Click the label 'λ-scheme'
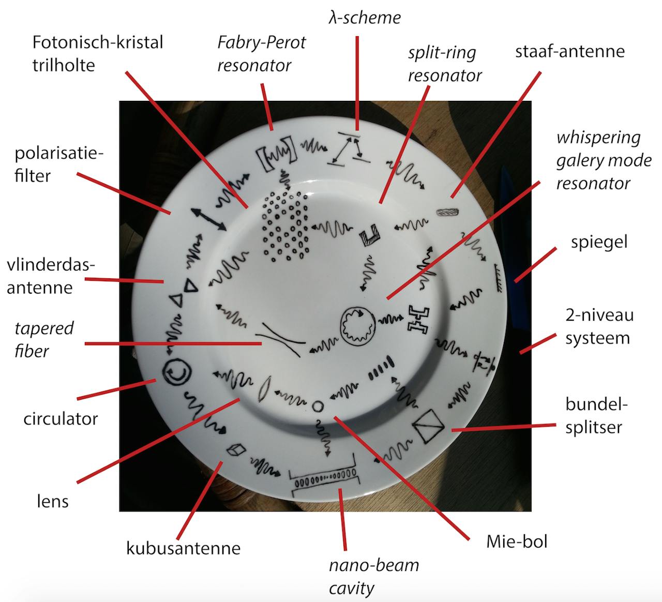[x=364, y=18]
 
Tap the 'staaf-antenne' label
[x=570, y=51]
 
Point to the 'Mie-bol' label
[x=517, y=541]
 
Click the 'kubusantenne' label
[x=183, y=548]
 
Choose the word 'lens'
[x=52, y=501]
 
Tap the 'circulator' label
[x=61, y=419]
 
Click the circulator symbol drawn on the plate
[x=177, y=372]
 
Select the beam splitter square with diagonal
[x=428, y=426]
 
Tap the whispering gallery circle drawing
[x=358, y=326]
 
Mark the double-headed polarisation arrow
[x=208, y=219]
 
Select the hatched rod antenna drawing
[x=448, y=212]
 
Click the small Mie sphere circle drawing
[x=318, y=407]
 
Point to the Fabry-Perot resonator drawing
[x=277, y=154]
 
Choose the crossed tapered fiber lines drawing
[x=280, y=340]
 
